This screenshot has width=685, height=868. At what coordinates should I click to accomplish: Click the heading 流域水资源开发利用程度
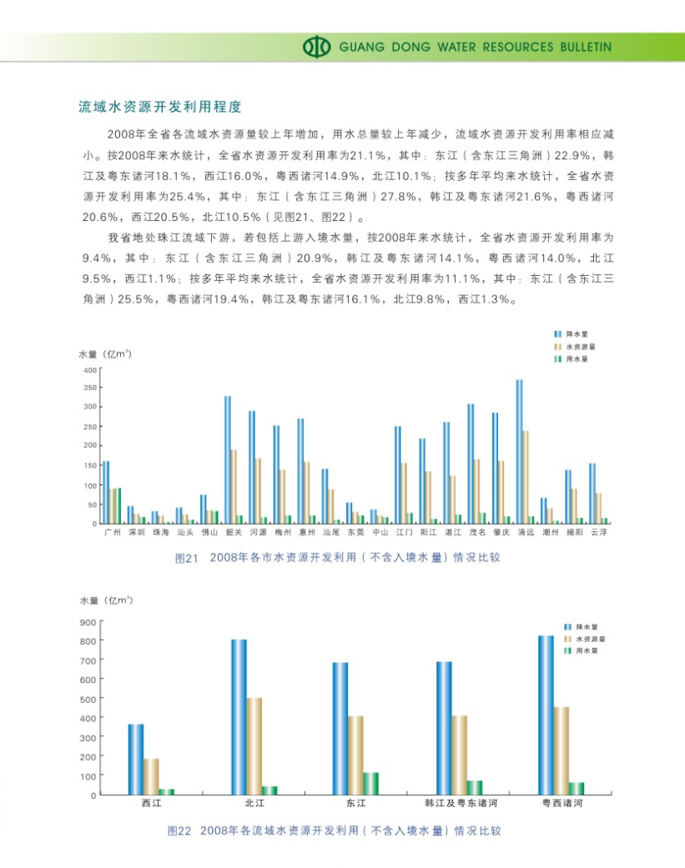(159, 107)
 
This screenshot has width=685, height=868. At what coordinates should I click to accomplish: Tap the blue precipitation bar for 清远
(519, 451)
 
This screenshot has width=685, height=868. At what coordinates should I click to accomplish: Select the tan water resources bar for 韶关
(234, 486)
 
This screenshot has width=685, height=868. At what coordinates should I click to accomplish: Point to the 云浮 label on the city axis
(598, 531)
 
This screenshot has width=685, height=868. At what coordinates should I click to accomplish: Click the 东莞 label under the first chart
(355, 531)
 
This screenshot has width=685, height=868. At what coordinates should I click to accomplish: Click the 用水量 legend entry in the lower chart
(587, 650)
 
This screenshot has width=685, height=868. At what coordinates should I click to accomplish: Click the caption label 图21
(185, 558)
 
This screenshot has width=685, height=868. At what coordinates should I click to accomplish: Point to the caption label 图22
(179, 830)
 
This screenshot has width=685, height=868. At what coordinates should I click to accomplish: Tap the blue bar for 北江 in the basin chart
(239, 716)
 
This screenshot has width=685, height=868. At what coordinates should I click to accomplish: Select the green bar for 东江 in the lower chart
(370, 783)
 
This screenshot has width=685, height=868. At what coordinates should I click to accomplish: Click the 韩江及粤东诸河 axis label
(461, 804)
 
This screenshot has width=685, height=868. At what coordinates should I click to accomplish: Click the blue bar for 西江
(135, 759)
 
